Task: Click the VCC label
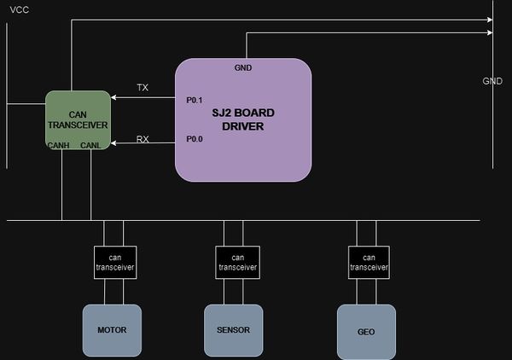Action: [20, 9]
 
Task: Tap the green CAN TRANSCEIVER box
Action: [78, 120]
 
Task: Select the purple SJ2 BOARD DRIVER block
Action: [243, 119]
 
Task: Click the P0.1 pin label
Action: [195, 100]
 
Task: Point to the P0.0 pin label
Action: [195, 139]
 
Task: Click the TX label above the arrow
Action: [143, 88]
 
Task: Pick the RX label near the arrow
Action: [143, 139]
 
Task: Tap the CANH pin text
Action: [58, 145]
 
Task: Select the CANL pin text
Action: [90, 145]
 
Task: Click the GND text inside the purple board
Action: [243, 68]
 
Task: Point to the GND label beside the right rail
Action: [492, 81]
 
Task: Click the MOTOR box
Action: [112, 330]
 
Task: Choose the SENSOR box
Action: [234, 330]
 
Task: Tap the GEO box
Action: [366, 332]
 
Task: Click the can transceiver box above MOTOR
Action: [115, 263]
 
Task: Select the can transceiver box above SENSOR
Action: [238, 263]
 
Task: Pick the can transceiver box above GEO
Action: [369, 263]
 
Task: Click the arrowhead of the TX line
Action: [113, 97]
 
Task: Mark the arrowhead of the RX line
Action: [113, 143]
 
